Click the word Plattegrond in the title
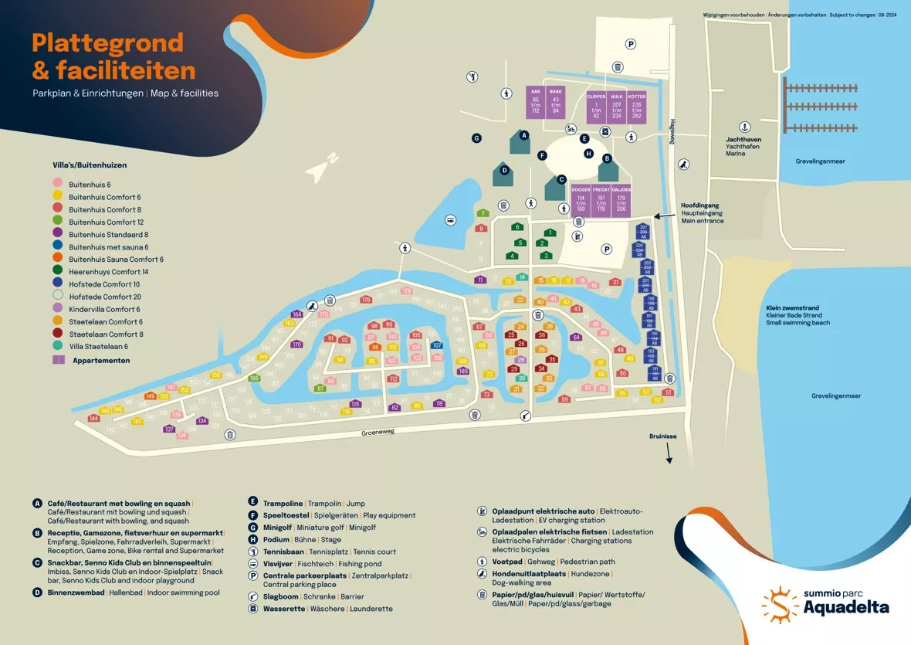point(107,43)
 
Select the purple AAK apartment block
point(536,102)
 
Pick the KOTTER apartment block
point(636,105)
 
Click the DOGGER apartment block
point(581,199)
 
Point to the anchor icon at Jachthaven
point(745,127)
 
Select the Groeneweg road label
point(378,433)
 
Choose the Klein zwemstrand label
point(792,307)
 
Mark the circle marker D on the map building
point(504,171)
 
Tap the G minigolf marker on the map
point(477,138)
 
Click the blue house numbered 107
point(437,345)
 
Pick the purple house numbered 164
point(296,314)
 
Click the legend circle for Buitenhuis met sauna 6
point(57,247)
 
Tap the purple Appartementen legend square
point(58,360)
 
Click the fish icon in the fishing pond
point(449,221)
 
